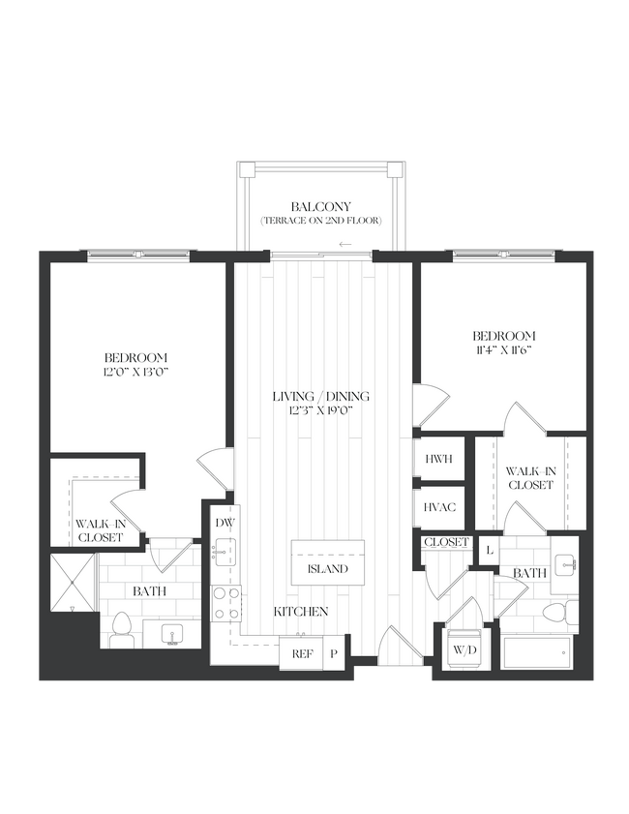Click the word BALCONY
coord(320,206)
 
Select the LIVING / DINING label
coord(320,397)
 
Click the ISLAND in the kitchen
coord(327,568)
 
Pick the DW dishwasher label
coord(225,524)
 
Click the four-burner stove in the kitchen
coord(225,603)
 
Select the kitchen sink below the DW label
coord(225,556)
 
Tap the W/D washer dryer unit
coord(465,648)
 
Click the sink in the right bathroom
coord(565,562)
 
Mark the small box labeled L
coord(490,549)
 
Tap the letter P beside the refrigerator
coord(334,653)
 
